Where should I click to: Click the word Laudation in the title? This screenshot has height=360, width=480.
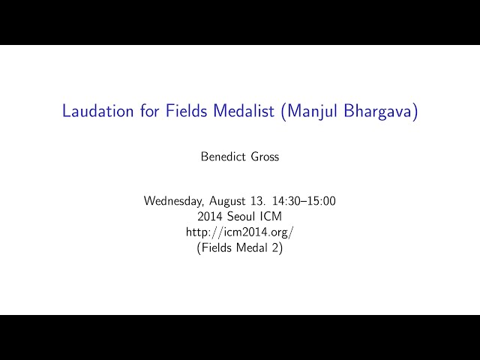98,110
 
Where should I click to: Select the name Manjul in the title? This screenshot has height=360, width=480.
312,112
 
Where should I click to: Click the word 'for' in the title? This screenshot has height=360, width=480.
150,110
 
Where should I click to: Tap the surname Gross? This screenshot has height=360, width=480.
265,157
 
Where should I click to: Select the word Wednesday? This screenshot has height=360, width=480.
173,201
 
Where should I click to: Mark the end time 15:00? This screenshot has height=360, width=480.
322,201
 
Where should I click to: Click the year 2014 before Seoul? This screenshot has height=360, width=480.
210,217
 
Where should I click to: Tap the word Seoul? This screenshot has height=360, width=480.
241,217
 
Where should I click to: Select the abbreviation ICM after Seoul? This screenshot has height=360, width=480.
271,217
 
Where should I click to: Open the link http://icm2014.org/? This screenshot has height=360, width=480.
240,232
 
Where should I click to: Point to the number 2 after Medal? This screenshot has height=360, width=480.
275,247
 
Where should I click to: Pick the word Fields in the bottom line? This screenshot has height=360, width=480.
217,247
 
